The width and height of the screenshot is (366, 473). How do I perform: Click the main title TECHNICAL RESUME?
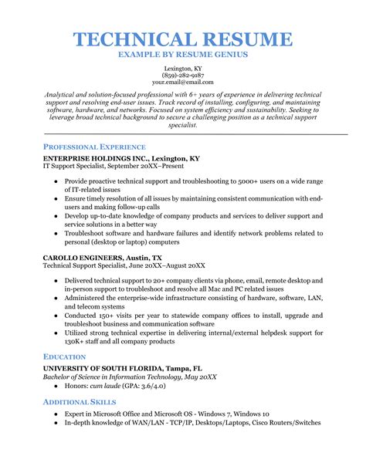pyautogui.click(x=183, y=40)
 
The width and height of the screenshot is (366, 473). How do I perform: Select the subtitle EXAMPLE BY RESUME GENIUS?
pyautogui.click(x=183, y=56)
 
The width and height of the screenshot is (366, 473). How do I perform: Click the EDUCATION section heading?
pyautogui.click(x=64, y=358)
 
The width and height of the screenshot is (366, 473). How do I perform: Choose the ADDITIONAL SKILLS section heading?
pyautogui.click(x=80, y=403)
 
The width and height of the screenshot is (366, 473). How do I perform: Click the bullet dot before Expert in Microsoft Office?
pyautogui.click(x=56, y=414)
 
